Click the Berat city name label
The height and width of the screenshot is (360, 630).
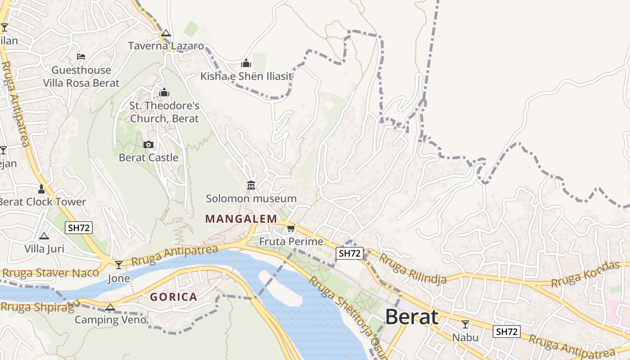[x=412, y=317]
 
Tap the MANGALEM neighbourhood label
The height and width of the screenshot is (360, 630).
[x=241, y=219]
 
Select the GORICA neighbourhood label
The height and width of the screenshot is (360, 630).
[x=174, y=297]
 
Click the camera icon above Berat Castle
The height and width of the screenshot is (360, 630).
[x=148, y=144]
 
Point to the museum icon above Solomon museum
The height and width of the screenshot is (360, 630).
[x=251, y=185]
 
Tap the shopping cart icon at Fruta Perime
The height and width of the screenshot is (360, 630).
[x=291, y=229]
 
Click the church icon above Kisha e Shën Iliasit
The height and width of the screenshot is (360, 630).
[x=246, y=63]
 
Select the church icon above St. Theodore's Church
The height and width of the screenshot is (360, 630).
[x=164, y=93]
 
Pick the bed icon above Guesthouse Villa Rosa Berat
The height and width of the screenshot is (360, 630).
[x=81, y=57]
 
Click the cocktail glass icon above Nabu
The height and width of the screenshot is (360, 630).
[x=465, y=324]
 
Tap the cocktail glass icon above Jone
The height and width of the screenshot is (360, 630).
[x=119, y=265]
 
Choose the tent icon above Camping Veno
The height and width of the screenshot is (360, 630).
[x=110, y=307]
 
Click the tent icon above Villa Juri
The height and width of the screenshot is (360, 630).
[x=44, y=236]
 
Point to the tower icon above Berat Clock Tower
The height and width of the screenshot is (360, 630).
[x=41, y=189]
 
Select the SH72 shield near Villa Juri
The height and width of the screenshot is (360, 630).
[x=79, y=228]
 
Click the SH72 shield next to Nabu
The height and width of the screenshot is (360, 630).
[x=507, y=332]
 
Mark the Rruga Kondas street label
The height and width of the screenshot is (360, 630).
[x=585, y=274]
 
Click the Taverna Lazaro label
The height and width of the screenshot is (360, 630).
[x=166, y=46]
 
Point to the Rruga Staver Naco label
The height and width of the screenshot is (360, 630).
[x=44, y=273]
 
